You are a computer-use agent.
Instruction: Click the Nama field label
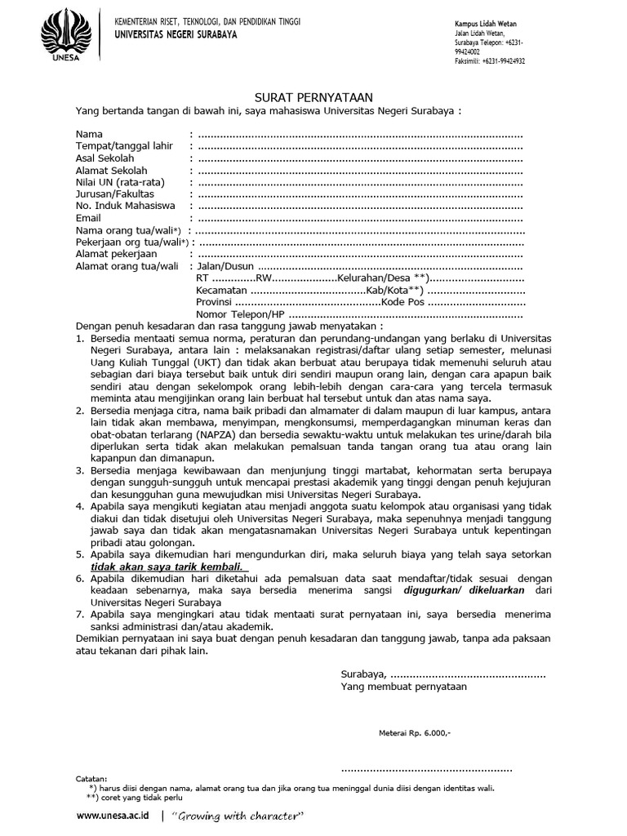89,134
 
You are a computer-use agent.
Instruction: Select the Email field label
89,218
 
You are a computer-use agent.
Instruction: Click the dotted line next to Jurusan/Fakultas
359,194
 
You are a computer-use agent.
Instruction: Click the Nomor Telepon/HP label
240,314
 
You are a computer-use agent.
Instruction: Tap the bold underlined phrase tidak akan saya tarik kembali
168,567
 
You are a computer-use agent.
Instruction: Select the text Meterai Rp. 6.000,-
415,732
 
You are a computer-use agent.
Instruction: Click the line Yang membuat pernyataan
403,687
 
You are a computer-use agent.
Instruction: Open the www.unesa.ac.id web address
113,816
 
